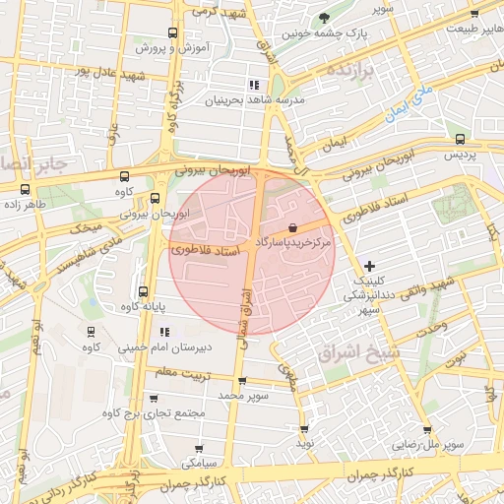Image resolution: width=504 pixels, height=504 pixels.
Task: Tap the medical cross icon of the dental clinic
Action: [x=369, y=266]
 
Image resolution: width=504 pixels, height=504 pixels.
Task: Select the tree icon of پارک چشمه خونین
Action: [x=326, y=18]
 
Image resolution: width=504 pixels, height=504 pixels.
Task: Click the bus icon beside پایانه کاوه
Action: [x=144, y=291]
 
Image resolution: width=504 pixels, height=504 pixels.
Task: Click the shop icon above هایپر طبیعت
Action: [x=474, y=14]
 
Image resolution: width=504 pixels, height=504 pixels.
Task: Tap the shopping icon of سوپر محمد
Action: [x=242, y=382]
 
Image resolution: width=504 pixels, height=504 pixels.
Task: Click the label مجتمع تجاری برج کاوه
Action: [x=160, y=412]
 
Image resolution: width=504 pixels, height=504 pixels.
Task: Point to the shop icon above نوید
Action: [x=304, y=429]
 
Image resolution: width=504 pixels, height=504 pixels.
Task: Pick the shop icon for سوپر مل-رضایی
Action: [x=426, y=429]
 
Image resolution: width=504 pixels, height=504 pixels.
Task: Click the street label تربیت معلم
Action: [x=181, y=372]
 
